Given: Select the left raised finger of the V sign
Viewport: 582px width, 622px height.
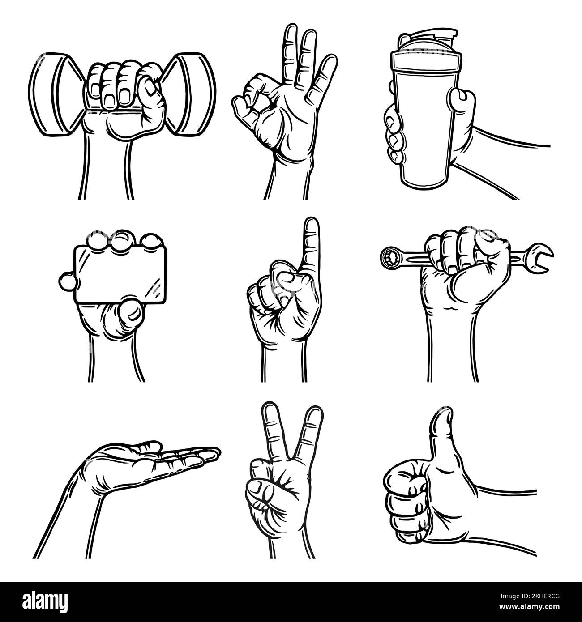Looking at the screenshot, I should click(271, 425).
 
